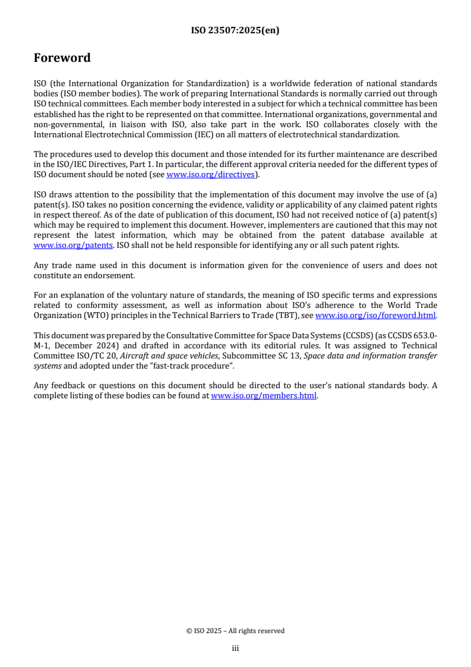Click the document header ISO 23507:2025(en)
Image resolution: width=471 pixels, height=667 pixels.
pos(235,30)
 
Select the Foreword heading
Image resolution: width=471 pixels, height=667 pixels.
pos(62,58)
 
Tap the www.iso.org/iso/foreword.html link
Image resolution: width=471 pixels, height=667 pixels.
pos(375,316)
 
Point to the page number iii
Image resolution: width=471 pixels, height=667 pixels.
pos(235,648)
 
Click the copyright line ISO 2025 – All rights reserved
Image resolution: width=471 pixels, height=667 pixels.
pos(235,631)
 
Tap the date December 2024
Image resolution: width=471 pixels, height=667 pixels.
pos(79,346)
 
